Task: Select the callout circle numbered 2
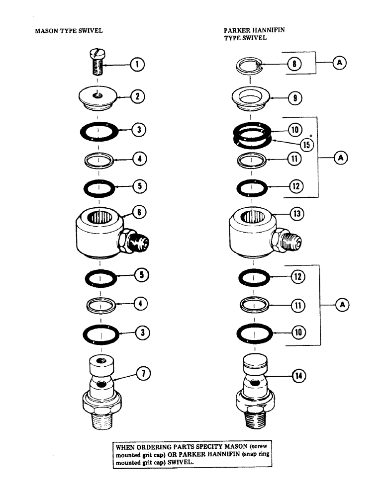136,96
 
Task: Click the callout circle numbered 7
142,372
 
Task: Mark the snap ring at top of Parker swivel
252,65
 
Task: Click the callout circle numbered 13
297,214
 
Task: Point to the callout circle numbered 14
299,376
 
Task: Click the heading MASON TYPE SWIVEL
69,30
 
